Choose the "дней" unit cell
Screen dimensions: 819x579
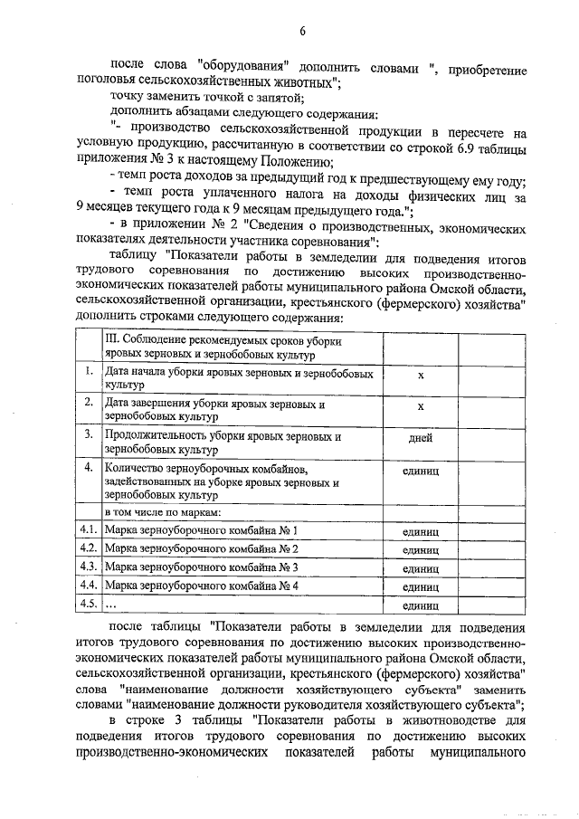421,438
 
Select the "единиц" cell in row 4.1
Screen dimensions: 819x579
421,531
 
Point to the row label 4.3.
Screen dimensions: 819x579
89,567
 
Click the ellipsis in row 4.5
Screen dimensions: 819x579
112,605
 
